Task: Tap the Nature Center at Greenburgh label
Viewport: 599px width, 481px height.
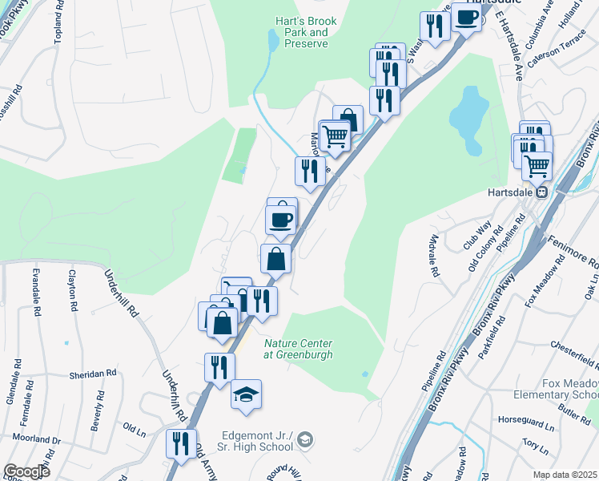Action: (x=298, y=349)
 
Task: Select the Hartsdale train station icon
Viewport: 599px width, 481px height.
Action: (x=541, y=192)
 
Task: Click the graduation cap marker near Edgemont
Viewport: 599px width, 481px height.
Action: (x=247, y=394)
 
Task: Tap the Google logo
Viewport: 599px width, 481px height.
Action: (x=26, y=471)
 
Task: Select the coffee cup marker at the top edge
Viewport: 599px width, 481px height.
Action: (x=466, y=17)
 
